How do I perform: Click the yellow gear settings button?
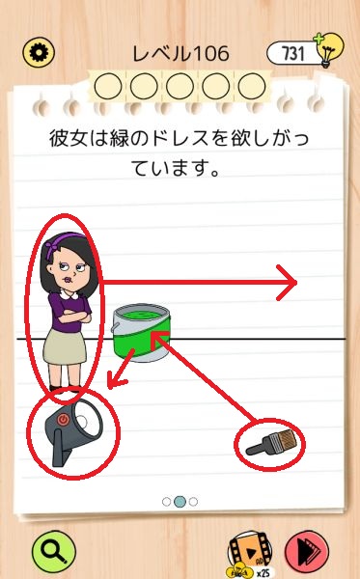pos(39,52)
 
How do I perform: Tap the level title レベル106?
pos(180,54)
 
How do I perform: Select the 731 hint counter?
pos(292,53)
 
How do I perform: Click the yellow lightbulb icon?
pos(329,49)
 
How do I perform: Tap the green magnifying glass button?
pos(54,552)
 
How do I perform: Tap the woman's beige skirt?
pos(65,346)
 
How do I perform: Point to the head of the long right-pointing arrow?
pos(288,283)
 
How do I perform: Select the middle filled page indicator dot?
pos(180,502)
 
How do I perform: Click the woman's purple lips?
pos(68,279)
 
